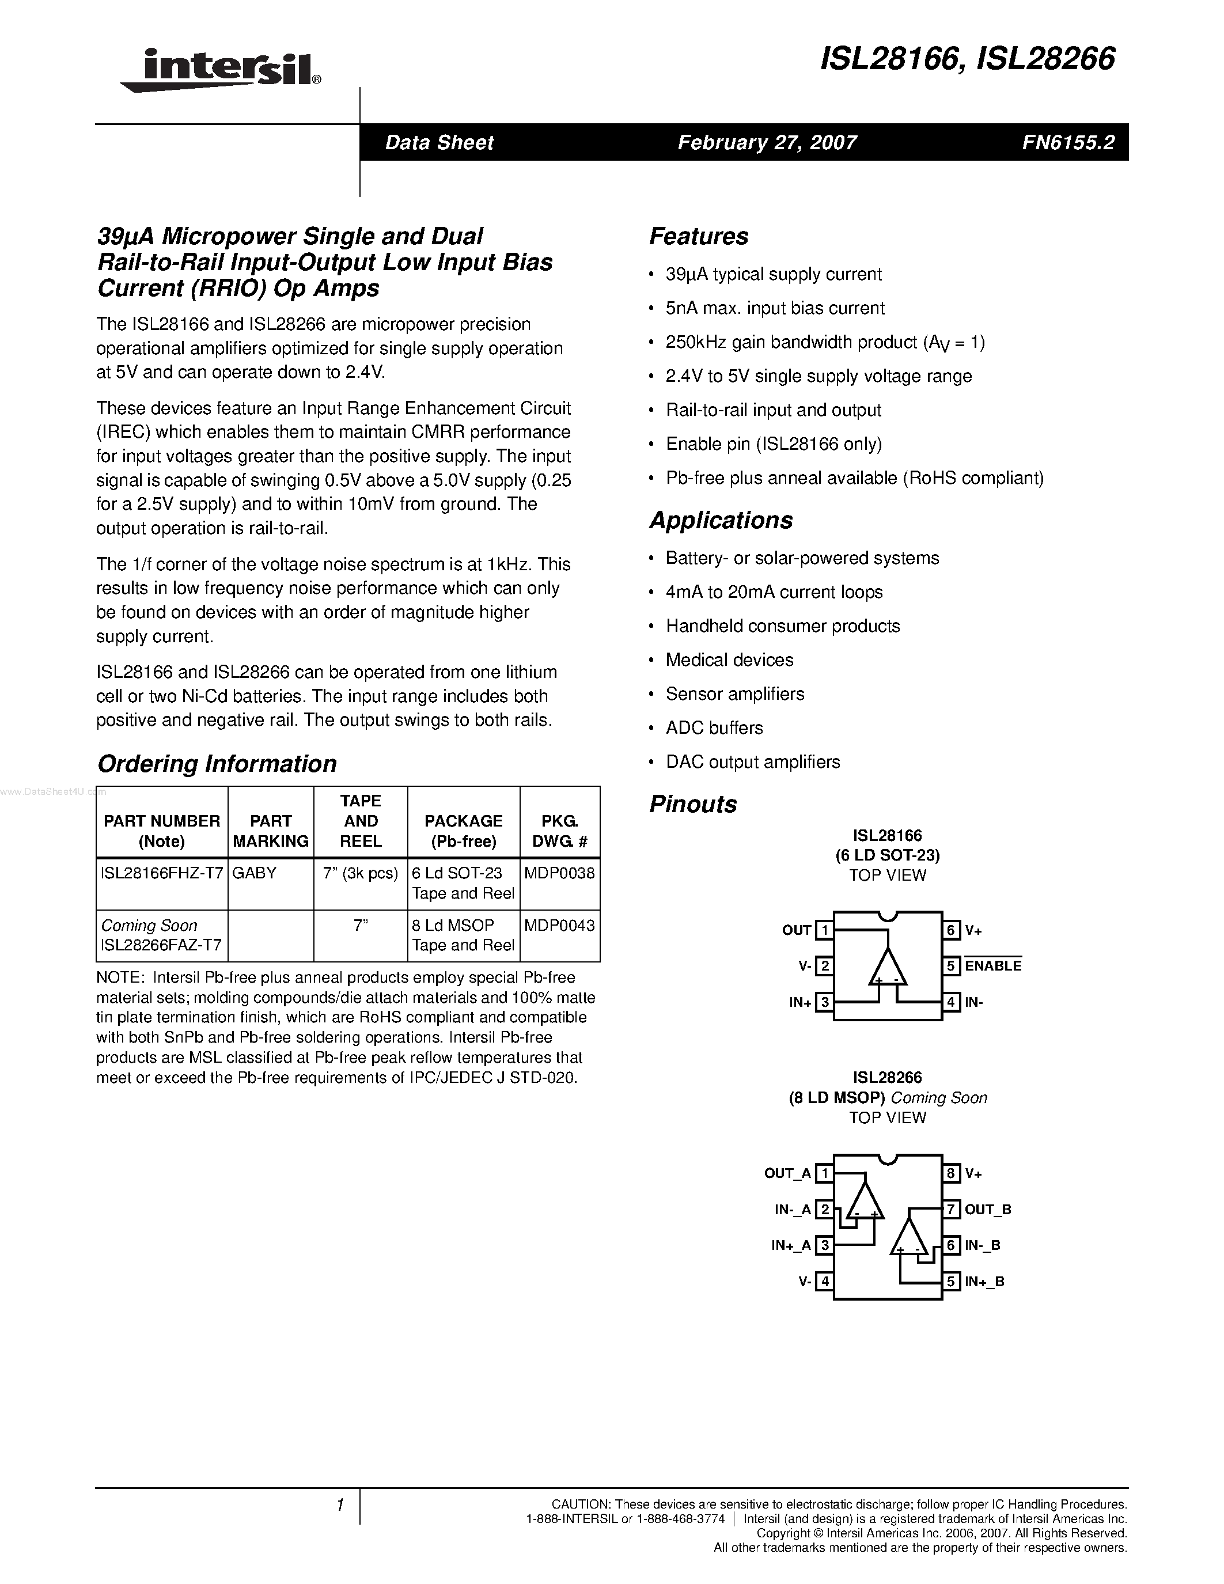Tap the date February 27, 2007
click(x=767, y=142)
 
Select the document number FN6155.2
click(x=1068, y=142)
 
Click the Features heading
click(x=698, y=236)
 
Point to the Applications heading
click(x=721, y=521)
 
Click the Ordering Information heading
click(x=217, y=764)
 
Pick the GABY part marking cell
click(x=255, y=873)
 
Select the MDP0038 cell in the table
click(x=559, y=873)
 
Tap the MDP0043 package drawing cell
click(x=559, y=926)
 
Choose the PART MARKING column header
click(x=271, y=831)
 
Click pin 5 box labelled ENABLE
click(x=952, y=966)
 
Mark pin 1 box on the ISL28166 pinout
click(x=824, y=930)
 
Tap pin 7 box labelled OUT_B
click(x=952, y=1209)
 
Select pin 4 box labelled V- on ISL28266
click(x=824, y=1281)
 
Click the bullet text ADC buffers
click(x=714, y=728)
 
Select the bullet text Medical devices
click(x=729, y=660)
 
